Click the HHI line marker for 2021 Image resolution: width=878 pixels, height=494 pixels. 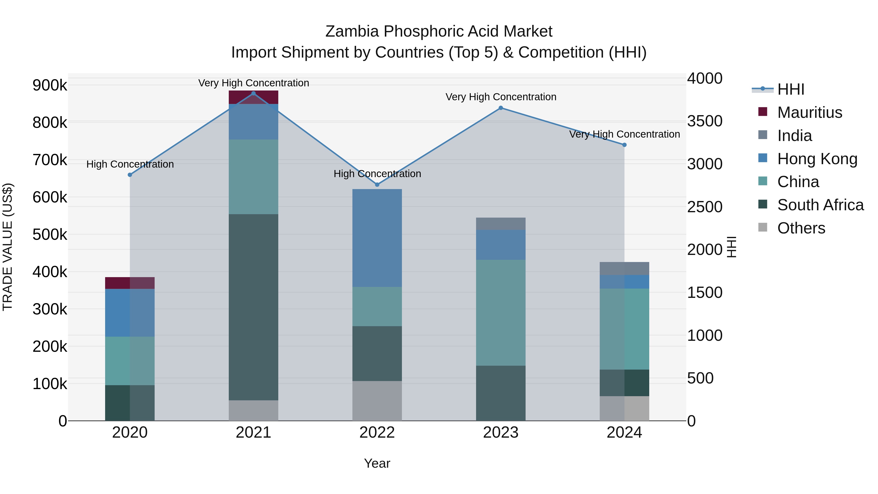(x=253, y=93)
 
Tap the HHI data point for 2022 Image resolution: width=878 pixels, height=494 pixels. (x=377, y=185)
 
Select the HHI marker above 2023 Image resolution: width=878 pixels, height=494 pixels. (x=501, y=108)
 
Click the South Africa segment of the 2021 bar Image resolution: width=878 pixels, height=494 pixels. (x=253, y=307)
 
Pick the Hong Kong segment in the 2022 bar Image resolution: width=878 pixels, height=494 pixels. (x=377, y=238)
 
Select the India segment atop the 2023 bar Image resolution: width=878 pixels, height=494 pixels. (x=501, y=224)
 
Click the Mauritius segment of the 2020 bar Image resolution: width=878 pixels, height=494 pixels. (x=130, y=283)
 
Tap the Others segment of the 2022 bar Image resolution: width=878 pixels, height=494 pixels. (x=377, y=401)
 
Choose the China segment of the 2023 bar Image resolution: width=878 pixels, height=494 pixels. (x=501, y=313)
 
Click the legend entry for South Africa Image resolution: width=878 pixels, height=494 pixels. (x=820, y=205)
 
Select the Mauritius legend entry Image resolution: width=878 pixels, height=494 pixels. (x=809, y=112)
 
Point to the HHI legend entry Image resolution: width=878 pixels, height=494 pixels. (x=790, y=89)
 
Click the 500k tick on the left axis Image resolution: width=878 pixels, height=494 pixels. (x=50, y=234)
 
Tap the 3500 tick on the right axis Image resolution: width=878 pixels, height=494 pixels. (x=705, y=121)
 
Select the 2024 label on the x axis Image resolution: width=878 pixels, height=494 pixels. (x=624, y=433)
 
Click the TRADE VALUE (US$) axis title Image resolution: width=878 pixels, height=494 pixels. (x=8, y=247)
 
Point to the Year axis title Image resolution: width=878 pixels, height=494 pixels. (x=377, y=463)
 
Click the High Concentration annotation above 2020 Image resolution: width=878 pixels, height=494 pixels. (x=130, y=164)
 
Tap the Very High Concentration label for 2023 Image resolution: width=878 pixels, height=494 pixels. (x=501, y=97)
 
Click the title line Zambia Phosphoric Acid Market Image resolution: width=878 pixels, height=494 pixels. (x=439, y=31)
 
